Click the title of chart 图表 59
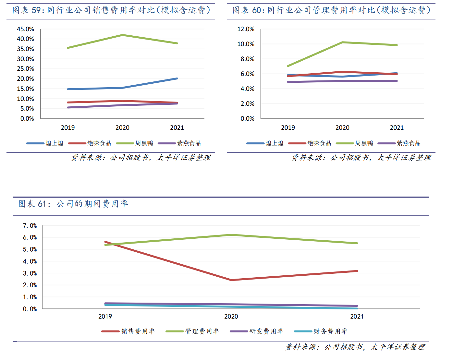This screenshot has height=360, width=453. [111, 10]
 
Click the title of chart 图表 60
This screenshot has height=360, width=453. [331, 10]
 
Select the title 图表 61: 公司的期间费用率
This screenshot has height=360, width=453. [73, 204]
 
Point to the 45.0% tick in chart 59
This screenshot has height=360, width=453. [25, 29]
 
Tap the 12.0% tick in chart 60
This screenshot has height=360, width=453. [246, 29]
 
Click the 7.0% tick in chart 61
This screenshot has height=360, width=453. [30, 226]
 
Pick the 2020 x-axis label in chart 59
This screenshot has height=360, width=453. [122, 128]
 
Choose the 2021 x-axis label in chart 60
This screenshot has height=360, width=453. [397, 128]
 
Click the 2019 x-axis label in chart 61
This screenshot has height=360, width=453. [105, 317]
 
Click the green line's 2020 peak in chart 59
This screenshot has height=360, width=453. [122, 35]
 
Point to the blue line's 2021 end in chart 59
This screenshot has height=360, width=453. [177, 78]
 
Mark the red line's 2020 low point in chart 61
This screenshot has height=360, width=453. [231, 280]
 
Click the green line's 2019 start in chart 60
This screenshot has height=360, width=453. [288, 66]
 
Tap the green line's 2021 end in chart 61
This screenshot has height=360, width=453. [357, 243]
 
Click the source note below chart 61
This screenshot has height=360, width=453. [355, 347]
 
